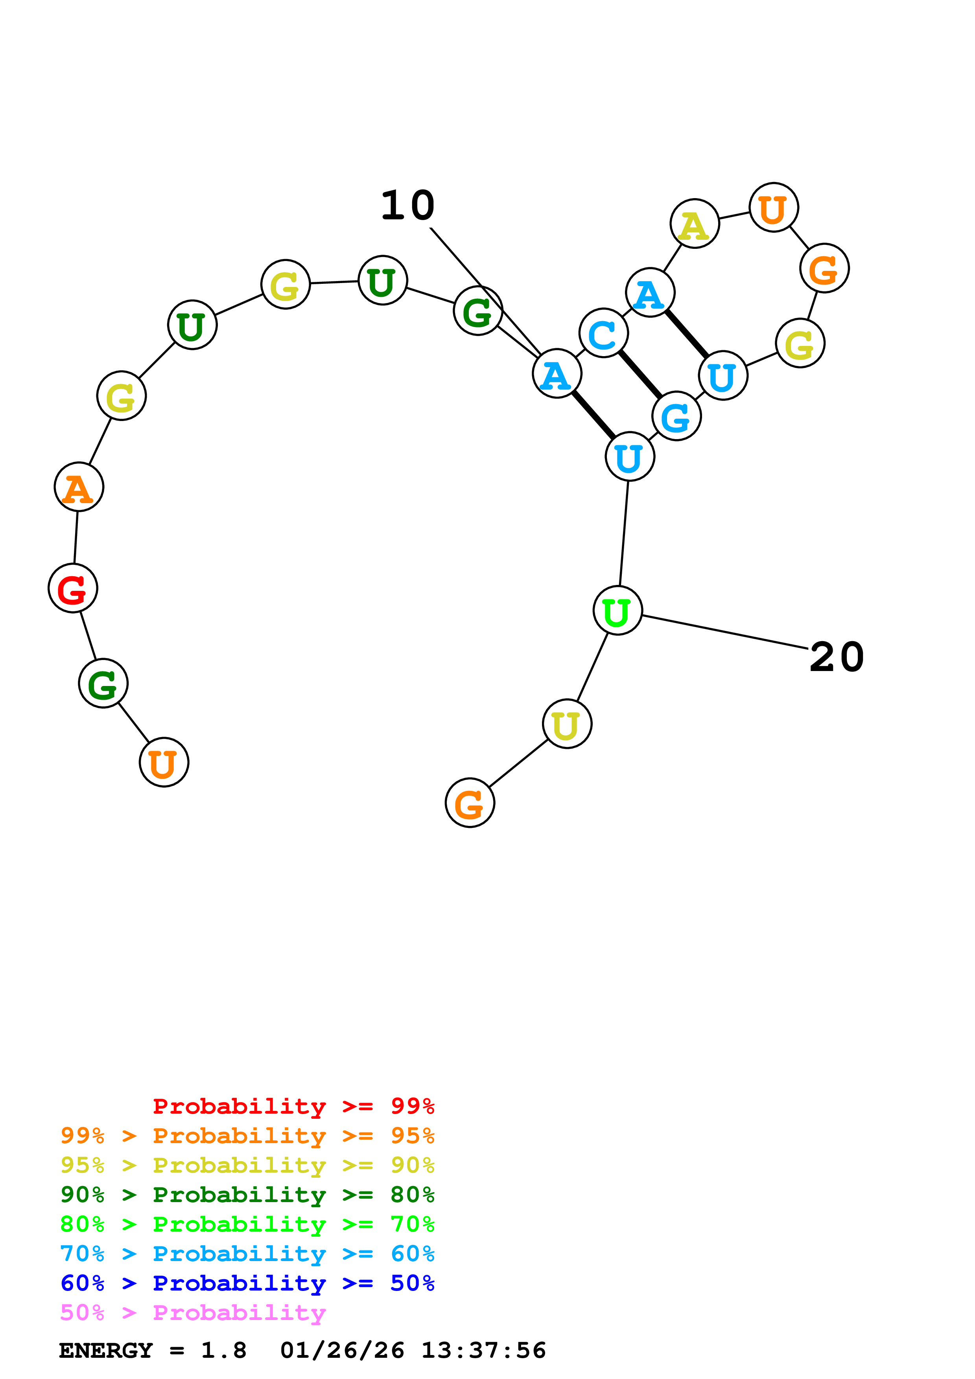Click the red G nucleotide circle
[x=73, y=588]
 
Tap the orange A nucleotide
[x=79, y=487]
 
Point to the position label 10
[x=408, y=206]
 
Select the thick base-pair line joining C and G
[x=640, y=375]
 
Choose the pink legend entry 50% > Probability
[x=192, y=1313]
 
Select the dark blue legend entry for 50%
[x=247, y=1283]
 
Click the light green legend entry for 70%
[x=247, y=1225]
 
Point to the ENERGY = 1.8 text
[x=153, y=1351]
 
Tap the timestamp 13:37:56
[x=484, y=1351]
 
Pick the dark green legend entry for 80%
[x=247, y=1195]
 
